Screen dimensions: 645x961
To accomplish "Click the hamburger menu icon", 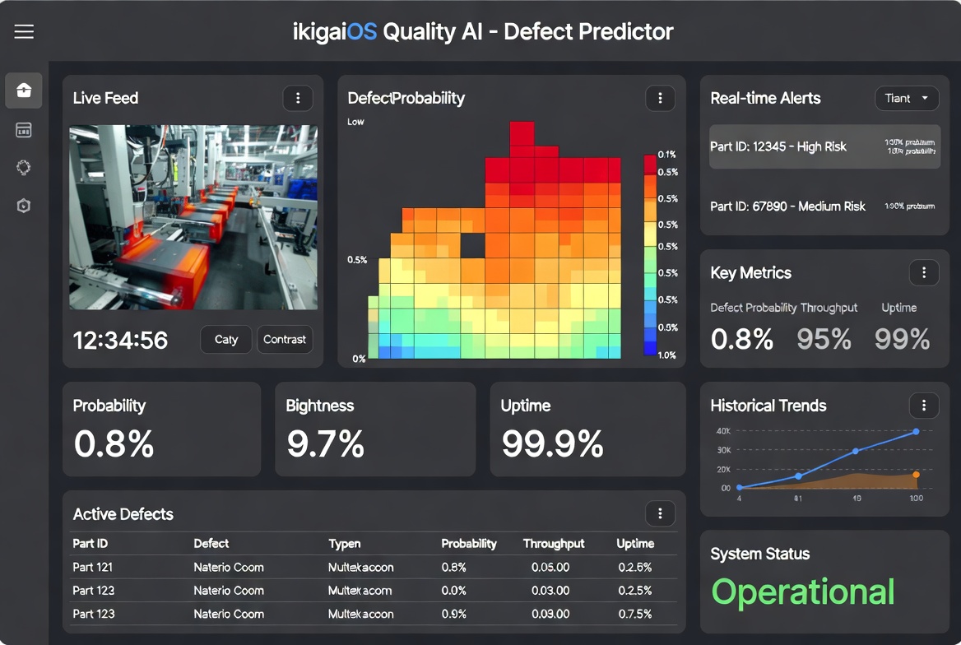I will point(24,32).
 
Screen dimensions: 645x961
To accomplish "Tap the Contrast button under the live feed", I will point(285,339).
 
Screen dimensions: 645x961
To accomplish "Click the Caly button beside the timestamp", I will point(226,339).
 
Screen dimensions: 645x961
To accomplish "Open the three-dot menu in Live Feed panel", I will point(298,98).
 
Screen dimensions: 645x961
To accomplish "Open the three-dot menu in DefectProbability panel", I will point(660,98).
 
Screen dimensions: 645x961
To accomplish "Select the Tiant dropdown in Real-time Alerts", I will point(907,98).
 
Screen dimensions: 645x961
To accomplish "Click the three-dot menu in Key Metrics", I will point(924,273).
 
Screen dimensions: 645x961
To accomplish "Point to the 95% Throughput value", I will point(824,339).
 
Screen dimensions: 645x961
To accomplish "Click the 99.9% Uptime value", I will point(552,444).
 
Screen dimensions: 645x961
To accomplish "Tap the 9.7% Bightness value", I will point(325,444).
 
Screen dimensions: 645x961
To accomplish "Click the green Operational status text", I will point(802,592).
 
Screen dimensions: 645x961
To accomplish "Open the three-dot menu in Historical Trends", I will point(924,405).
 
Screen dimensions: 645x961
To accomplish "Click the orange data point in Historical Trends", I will point(916,475).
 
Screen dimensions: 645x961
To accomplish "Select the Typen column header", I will point(345,544).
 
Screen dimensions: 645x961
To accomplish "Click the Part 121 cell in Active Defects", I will point(93,567).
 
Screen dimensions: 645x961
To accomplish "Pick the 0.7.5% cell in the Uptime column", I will point(635,614).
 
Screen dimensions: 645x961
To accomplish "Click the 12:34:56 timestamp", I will point(120,340).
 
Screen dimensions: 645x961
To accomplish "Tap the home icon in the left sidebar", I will point(24,90).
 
